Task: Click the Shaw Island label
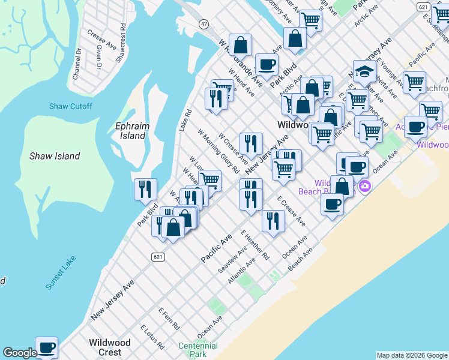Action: [55, 156]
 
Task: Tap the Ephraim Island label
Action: [130, 131]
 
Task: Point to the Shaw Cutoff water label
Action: [71, 106]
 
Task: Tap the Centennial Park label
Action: [197, 350]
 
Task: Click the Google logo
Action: [20, 353]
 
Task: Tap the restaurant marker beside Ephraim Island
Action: [145, 190]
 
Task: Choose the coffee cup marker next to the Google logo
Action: [46, 347]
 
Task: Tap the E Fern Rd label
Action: [169, 319]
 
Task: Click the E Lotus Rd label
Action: [152, 337]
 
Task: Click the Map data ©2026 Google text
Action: [411, 355]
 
